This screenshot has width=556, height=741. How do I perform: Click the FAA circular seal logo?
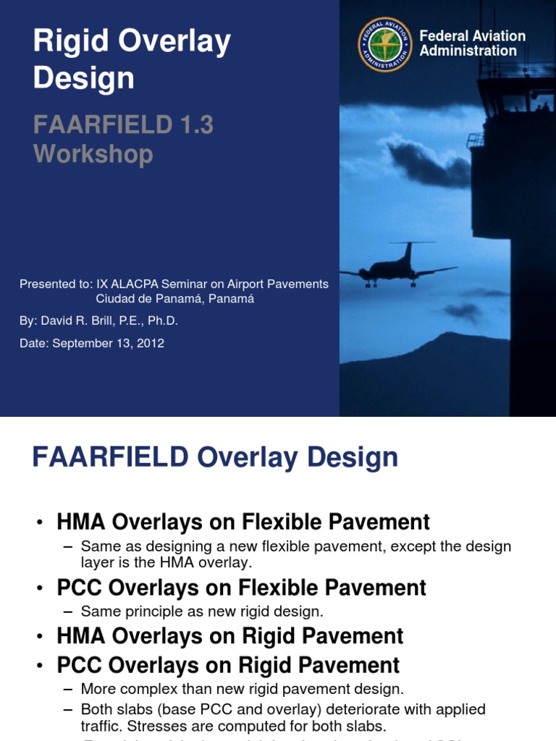click(385, 44)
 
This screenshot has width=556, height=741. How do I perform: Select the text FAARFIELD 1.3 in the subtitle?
click(123, 125)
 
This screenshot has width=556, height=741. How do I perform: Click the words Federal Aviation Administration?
click(472, 43)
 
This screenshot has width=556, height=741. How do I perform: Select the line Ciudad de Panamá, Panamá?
click(175, 298)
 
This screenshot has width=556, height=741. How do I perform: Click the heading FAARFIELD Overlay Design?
click(215, 458)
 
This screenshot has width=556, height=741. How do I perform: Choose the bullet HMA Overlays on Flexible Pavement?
click(243, 522)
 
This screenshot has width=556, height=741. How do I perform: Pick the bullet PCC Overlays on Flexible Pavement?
click(242, 588)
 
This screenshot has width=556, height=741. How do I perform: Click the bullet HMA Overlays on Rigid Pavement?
click(230, 636)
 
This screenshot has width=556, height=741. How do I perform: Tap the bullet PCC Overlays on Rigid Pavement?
click(228, 665)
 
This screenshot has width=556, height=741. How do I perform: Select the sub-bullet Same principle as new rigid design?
click(202, 611)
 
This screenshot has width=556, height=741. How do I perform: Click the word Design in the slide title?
click(83, 78)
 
